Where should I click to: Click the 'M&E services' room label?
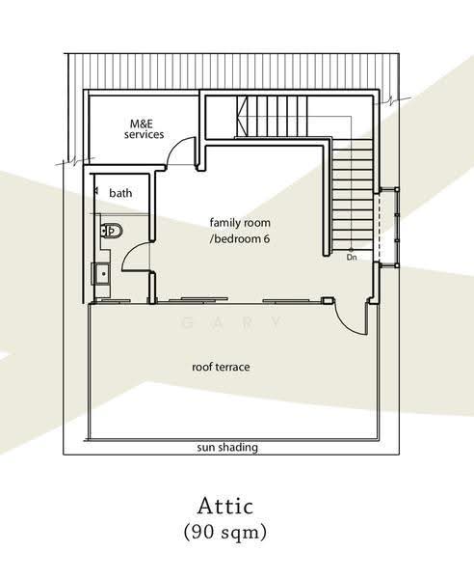pos(144,129)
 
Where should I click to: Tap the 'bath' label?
pos(120,193)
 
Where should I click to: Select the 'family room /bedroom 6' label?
pos(240,231)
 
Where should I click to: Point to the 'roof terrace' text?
pos(221,367)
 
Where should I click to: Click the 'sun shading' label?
pos(227,447)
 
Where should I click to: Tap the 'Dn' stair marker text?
pos(352,258)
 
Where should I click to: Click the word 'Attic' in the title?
pos(225,506)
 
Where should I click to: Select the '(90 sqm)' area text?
pos(225,532)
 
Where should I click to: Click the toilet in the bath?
pos(112,231)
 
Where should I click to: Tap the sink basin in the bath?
pos(101,274)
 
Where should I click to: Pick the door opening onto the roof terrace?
pos(350,318)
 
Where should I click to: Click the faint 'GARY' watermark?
pos(232,322)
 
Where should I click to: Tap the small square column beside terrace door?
pos(327,300)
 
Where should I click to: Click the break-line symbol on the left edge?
pos(74,162)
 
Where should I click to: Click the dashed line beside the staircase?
pos(379,227)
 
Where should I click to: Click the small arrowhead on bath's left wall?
pos(96,191)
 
